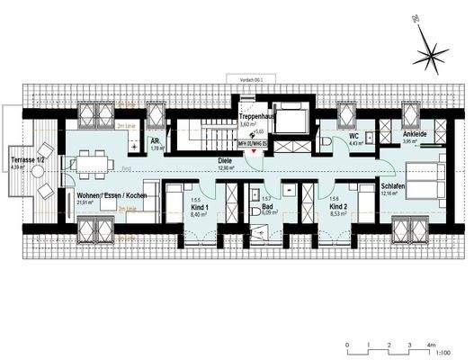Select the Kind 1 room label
tap(199, 208)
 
